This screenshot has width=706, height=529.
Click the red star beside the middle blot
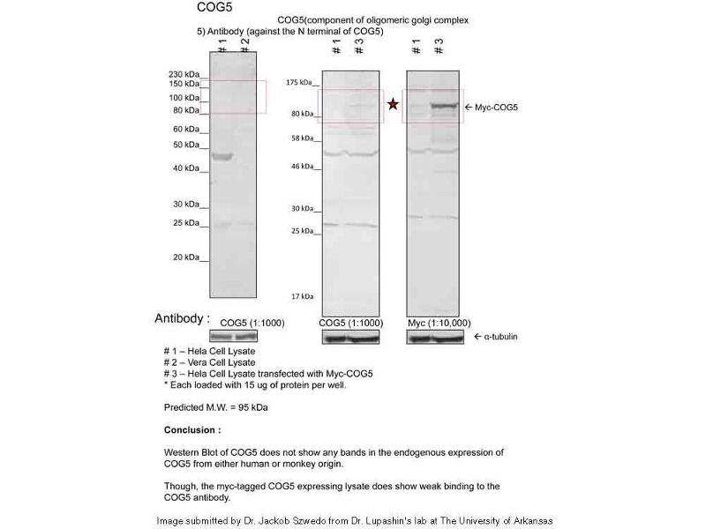(x=394, y=105)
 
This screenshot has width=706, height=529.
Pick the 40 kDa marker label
(x=186, y=168)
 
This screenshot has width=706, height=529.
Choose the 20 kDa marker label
(x=186, y=257)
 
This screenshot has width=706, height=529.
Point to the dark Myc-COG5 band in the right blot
(x=446, y=108)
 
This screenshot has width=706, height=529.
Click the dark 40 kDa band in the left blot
(x=221, y=157)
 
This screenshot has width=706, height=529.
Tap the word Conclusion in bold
(x=192, y=430)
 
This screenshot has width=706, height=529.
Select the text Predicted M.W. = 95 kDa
(x=216, y=407)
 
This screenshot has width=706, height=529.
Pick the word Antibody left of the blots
(x=183, y=318)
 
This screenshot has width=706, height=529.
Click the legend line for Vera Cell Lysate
(x=210, y=362)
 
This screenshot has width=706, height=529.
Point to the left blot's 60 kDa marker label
(x=186, y=129)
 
